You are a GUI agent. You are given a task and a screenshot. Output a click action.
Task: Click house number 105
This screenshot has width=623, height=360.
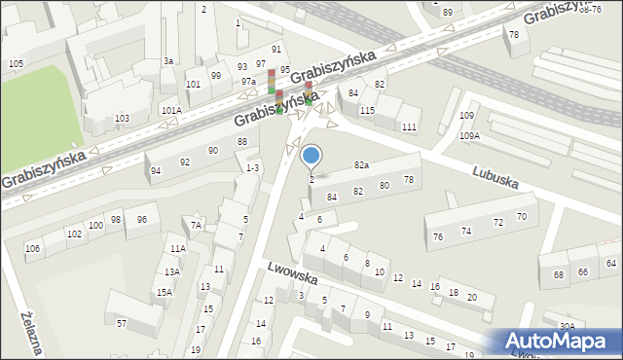(16, 63)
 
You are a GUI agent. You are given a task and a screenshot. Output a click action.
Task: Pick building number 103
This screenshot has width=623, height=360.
(122, 118)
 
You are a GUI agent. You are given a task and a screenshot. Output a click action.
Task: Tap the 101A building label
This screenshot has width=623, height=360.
(171, 110)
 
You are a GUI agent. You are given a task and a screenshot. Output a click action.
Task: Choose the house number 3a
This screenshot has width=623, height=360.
(168, 61)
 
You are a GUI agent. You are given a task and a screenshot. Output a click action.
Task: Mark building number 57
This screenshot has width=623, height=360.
(122, 322)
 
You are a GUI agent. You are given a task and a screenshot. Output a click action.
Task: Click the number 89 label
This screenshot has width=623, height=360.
(447, 12)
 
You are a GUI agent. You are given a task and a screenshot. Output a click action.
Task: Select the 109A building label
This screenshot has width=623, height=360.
(470, 135)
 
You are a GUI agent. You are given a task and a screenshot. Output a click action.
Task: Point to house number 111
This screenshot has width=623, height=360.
(409, 127)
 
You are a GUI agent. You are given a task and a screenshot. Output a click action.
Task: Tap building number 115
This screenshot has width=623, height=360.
(367, 111)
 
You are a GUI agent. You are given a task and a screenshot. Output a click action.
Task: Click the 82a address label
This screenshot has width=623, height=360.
(362, 165)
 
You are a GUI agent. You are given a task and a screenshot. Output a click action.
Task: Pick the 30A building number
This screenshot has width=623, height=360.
(567, 326)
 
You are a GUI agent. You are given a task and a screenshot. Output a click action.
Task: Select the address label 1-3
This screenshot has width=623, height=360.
(252, 168)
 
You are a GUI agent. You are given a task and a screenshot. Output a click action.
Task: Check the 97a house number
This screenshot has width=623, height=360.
(248, 82)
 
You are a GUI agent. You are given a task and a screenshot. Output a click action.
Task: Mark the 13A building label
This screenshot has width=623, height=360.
(171, 272)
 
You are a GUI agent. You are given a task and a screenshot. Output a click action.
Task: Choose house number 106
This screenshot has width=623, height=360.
(33, 249)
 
